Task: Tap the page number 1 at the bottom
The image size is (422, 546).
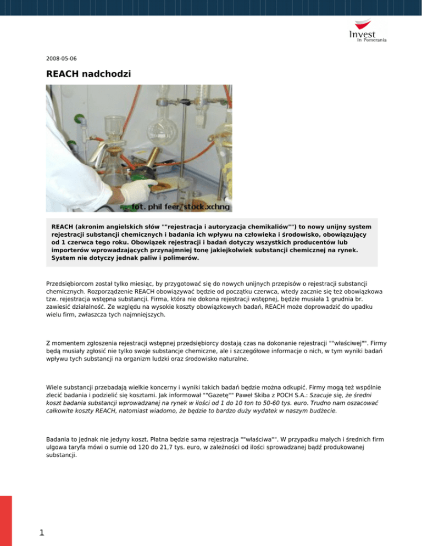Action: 34,532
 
